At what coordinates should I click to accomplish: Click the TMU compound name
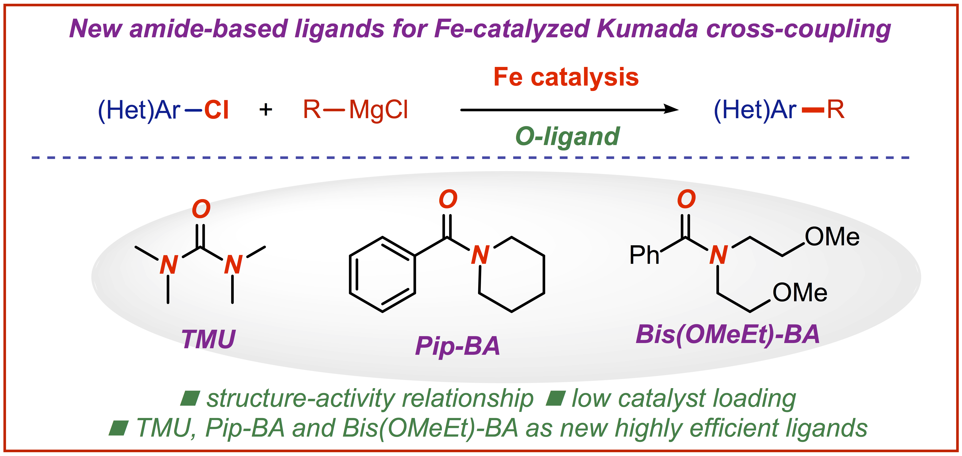coord(208,339)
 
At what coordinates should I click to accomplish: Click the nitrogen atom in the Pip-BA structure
coord(480,255)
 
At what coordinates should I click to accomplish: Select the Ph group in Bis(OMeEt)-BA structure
coord(644,255)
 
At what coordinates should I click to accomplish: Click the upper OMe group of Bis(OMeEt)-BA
coord(832,237)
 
